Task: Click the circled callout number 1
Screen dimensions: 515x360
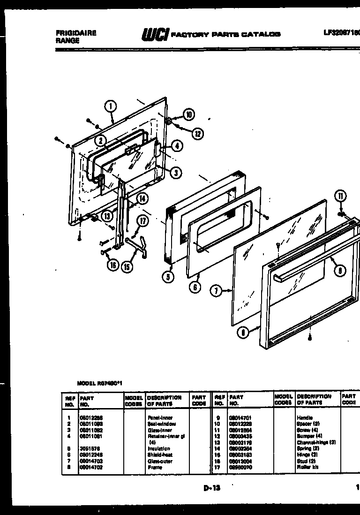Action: point(111,106)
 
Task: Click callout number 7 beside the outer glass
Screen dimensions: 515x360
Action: point(216,291)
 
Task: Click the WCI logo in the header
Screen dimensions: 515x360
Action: point(155,35)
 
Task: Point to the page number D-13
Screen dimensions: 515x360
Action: point(212,488)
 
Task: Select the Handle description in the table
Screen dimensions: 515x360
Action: point(305,417)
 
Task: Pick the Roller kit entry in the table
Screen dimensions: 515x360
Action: point(307,467)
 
